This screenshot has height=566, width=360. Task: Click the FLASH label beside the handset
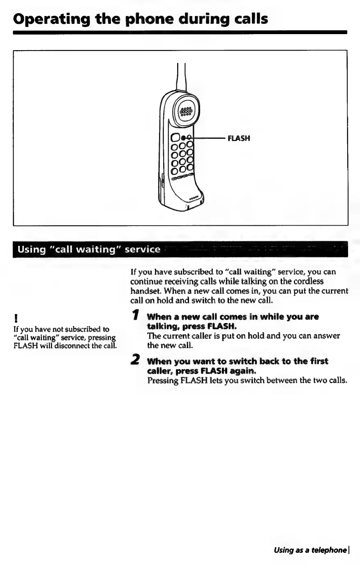pos(239,139)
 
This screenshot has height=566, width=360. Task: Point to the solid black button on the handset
pos(183,137)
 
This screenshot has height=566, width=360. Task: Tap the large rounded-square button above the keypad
pos(175,137)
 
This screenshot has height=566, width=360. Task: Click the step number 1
pos(135,316)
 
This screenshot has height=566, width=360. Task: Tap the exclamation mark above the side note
pos(15,318)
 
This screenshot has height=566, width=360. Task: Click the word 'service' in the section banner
pos(142,250)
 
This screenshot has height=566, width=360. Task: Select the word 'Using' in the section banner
pos(28,250)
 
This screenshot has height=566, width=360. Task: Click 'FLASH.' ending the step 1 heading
pos(222,326)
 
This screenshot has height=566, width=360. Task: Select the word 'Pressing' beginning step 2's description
pos(162,380)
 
